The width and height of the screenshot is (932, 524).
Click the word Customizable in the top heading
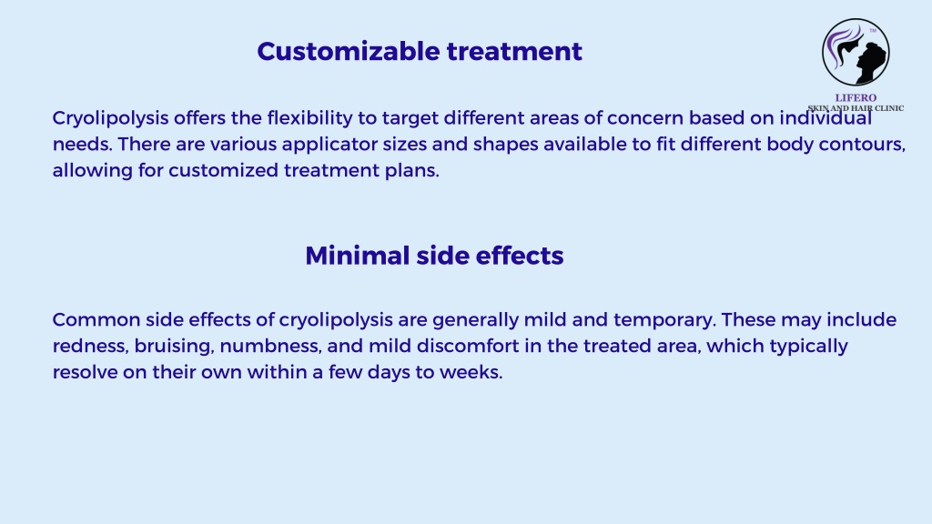point(349,51)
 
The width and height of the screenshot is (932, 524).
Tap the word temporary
point(664,320)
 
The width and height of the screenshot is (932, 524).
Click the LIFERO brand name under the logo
point(856,97)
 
